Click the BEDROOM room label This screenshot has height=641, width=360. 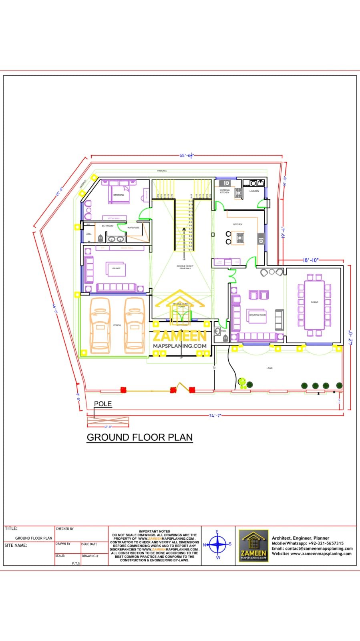(119, 195)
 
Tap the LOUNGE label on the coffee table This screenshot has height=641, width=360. (116, 268)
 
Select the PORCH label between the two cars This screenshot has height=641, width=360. (117, 325)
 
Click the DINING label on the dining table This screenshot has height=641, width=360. (314, 302)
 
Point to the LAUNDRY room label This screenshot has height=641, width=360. (254, 191)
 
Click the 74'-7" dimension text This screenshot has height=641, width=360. (215, 415)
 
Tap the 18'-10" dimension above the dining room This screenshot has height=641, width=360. (311, 260)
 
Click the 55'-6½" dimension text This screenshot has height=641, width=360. (187, 155)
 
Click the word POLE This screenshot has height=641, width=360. (103, 404)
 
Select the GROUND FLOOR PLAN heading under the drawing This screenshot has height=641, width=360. (139, 437)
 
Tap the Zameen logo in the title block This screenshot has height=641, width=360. (253, 545)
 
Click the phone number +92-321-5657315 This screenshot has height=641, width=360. (326, 543)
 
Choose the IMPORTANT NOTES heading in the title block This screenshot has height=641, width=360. (155, 531)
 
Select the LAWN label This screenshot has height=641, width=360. (269, 368)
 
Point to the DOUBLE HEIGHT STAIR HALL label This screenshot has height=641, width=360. (185, 267)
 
